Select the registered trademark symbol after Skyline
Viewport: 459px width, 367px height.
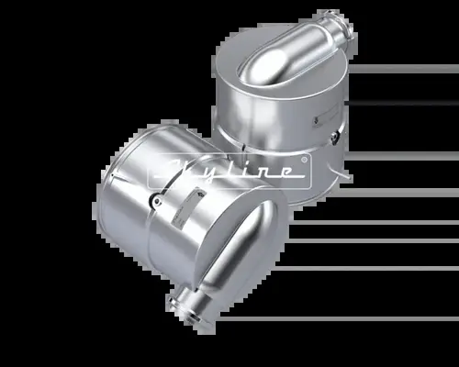(306, 157)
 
